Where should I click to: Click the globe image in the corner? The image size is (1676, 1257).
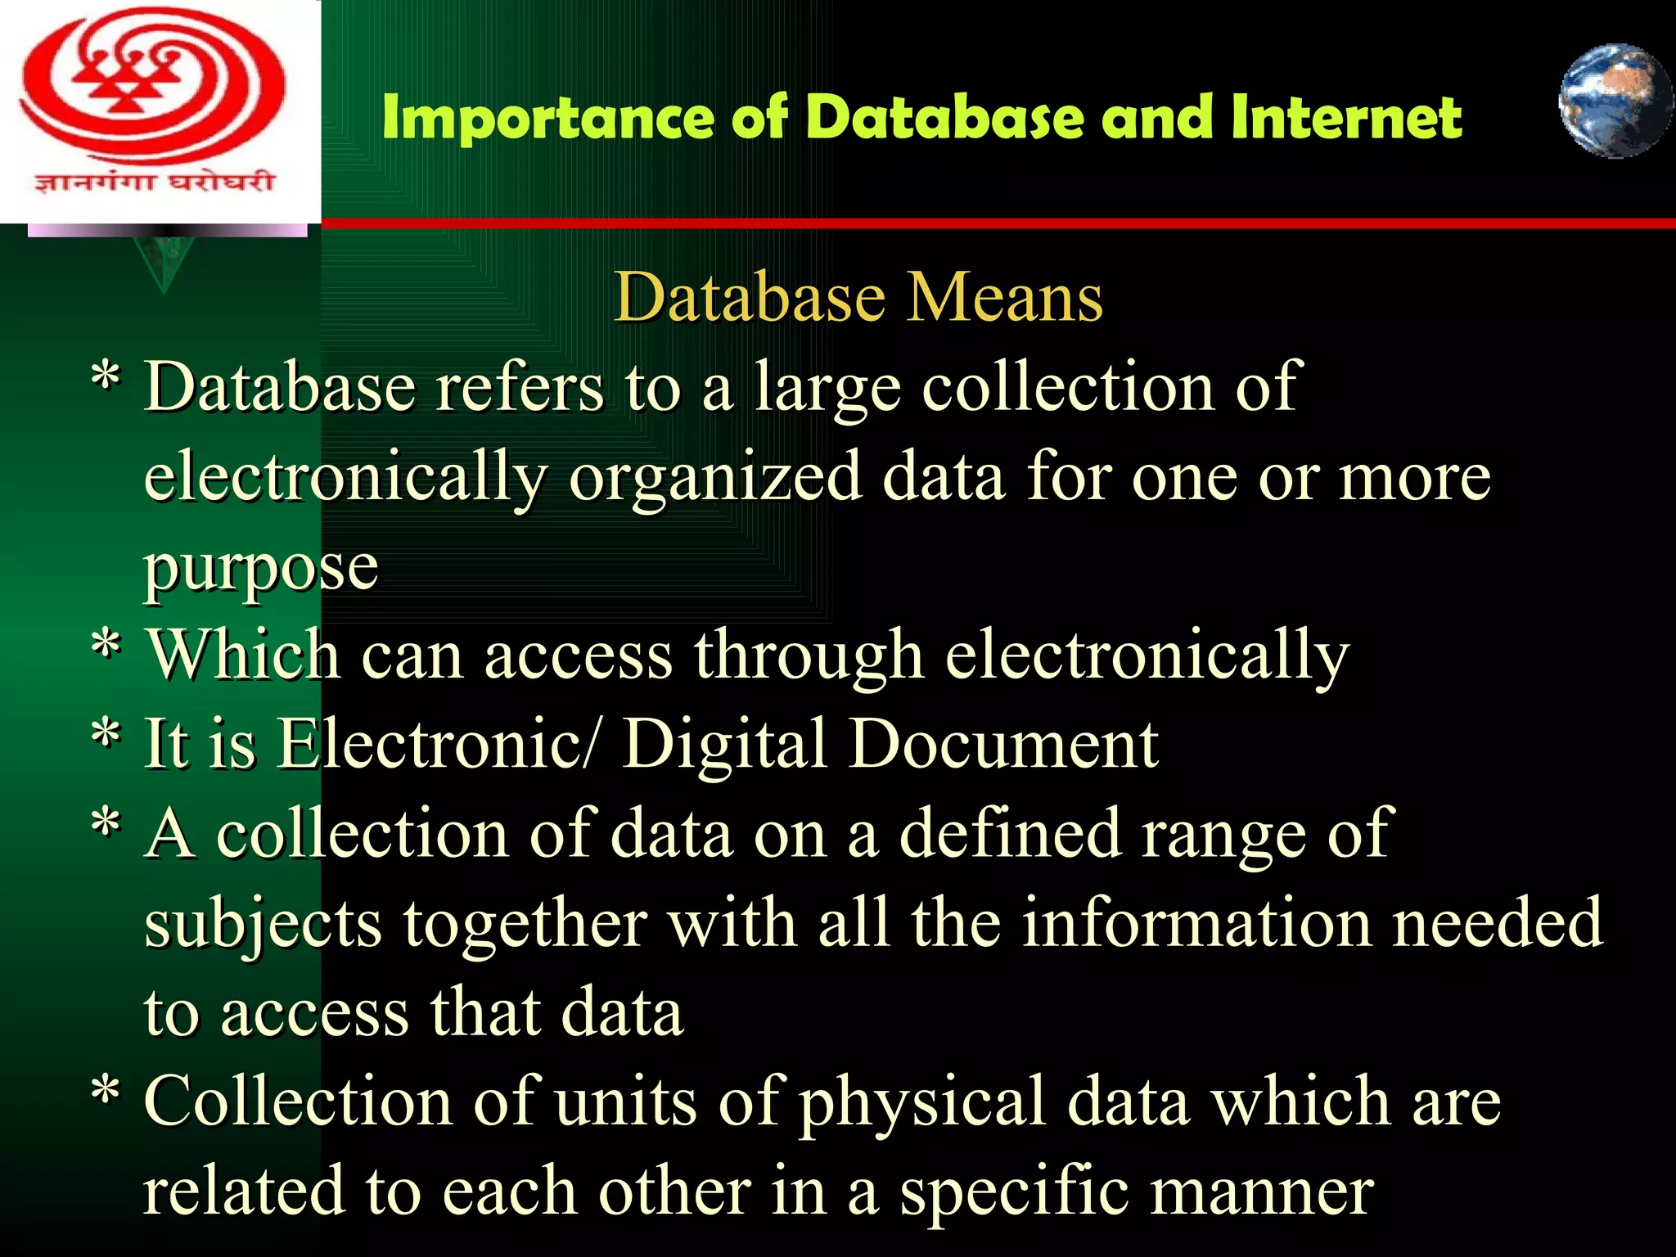(x=1615, y=101)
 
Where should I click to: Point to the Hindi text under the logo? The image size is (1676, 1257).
(x=154, y=180)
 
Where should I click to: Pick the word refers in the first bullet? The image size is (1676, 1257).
(x=520, y=386)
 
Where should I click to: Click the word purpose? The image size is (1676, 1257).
(x=261, y=568)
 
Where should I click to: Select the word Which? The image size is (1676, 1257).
(x=243, y=656)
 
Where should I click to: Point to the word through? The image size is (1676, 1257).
(x=809, y=656)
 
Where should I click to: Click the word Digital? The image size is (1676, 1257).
(x=725, y=745)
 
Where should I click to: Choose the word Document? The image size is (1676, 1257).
(x=1003, y=745)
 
